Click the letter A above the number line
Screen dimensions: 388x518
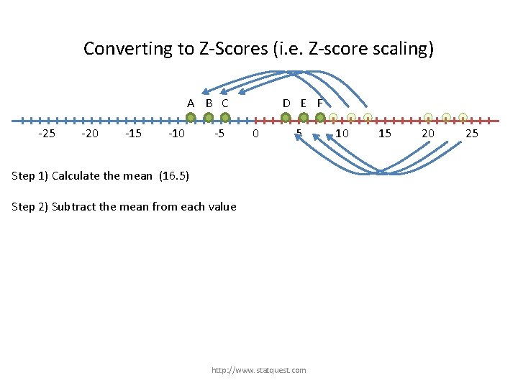pyautogui.click(x=191, y=103)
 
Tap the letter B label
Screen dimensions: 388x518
pyautogui.click(x=209, y=103)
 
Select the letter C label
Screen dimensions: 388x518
pyautogui.click(x=225, y=103)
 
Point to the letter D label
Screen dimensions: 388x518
pyautogui.click(x=286, y=103)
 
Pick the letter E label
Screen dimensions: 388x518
pyautogui.click(x=304, y=103)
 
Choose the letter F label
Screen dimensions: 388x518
pyautogui.click(x=320, y=103)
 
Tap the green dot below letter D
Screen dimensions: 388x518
pyautogui.click(x=286, y=118)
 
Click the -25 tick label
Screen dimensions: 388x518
pyautogui.click(x=47, y=134)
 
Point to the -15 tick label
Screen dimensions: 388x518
pyautogui.click(x=133, y=134)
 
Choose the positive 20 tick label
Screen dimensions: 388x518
pyautogui.click(x=428, y=134)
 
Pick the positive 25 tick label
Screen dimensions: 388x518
pyautogui.click(x=472, y=134)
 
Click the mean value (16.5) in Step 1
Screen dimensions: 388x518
pyautogui.click(x=173, y=175)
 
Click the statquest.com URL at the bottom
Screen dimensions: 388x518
pyautogui.click(x=258, y=370)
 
